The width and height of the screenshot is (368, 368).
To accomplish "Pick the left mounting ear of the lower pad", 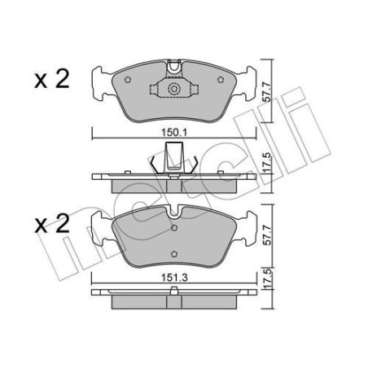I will click(x=101, y=225).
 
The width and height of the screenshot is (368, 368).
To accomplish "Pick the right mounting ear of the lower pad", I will click(x=247, y=225).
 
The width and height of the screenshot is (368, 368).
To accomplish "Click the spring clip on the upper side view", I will click(x=172, y=157).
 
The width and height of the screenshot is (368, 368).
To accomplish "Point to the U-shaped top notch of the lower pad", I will click(x=174, y=211).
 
